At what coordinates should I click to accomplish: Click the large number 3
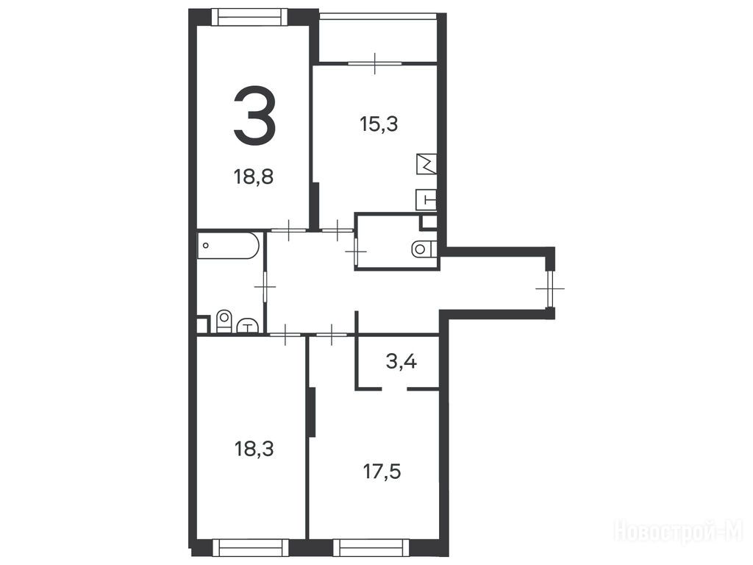click(x=254, y=116)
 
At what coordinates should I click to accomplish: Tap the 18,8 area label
click(x=254, y=177)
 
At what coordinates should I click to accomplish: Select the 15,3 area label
click(x=379, y=124)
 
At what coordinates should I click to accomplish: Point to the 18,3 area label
click(x=254, y=449)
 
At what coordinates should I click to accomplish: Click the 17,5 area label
click(x=382, y=472)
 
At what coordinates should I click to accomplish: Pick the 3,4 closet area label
click(x=402, y=360)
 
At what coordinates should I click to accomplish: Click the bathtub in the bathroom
click(x=229, y=246)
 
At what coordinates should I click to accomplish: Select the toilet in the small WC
click(x=423, y=249)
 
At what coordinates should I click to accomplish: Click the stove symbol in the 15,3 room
click(x=427, y=164)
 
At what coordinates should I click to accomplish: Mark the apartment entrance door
click(x=550, y=288)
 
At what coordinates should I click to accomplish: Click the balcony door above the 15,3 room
click(x=375, y=63)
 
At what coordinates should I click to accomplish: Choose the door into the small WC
click(x=356, y=251)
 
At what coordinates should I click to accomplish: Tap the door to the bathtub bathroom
click(x=265, y=287)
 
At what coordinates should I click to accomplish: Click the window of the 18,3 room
click(x=250, y=547)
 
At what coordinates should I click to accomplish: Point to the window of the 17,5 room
click(x=371, y=547)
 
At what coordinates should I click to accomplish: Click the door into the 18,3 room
click(x=286, y=334)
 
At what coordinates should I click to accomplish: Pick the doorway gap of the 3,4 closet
click(x=394, y=388)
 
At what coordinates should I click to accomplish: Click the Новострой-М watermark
click(x=679, y=532)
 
